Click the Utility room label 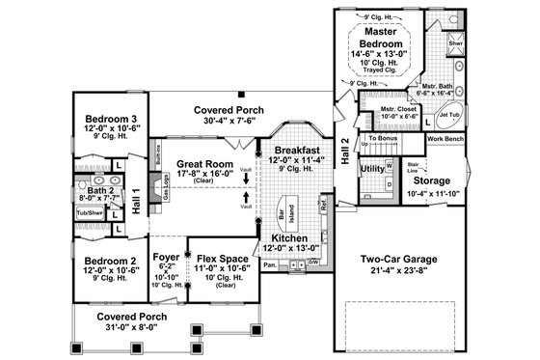(x=371, y=168)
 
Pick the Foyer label (x=166, y=258)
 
